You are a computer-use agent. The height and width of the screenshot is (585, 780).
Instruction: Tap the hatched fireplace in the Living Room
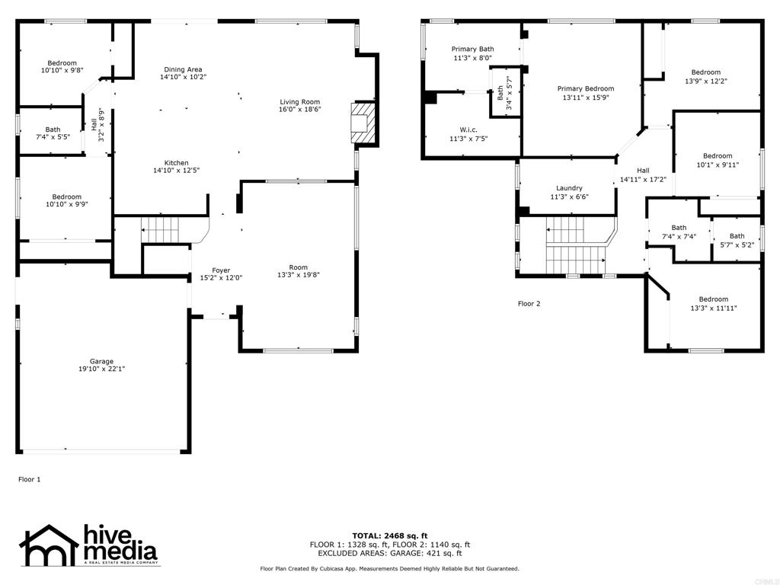tap(362, 123)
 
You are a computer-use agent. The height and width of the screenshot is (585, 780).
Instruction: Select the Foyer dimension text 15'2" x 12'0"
tap(221, 278)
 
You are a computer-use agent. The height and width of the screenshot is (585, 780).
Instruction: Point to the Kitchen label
tap(177, 163)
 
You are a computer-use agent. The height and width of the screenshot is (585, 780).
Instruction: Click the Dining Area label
tap(183, 69)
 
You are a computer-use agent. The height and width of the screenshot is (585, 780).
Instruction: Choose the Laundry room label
tap(569, 188)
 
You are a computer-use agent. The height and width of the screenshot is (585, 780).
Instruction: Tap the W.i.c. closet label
tap(468, 129)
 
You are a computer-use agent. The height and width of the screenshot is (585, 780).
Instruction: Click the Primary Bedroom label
tap(586, 88)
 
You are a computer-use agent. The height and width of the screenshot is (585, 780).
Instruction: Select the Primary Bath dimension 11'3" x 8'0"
tap(472, 58)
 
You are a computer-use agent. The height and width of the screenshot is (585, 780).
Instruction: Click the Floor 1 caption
tap(30, 480)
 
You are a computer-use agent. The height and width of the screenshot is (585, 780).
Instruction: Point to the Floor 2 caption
tap(529, 303)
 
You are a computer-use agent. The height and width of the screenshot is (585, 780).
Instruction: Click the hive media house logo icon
tap(49, 545)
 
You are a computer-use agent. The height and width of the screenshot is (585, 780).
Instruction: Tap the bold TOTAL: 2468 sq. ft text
tap(390, 535)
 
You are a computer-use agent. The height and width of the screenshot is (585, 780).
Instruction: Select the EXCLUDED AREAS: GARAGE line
tap(390, 553)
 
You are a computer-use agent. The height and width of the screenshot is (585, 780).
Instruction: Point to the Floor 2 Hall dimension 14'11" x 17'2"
tap(643, 180)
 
